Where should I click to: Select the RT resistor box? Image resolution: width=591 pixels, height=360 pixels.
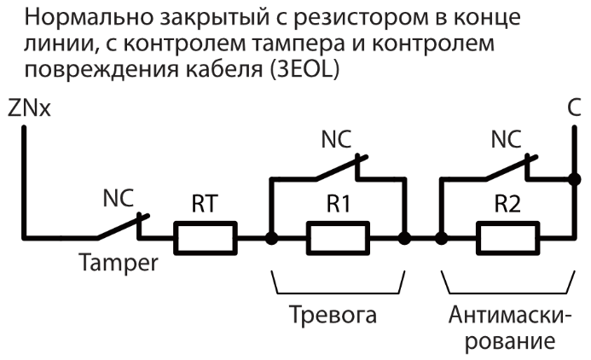(x=205, y=236)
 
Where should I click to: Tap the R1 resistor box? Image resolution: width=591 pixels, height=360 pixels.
(x=337, y=236)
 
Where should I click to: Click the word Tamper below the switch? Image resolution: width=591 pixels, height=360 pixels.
(x=119, y=264)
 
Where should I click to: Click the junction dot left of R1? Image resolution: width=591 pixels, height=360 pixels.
(x=270, y=237)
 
